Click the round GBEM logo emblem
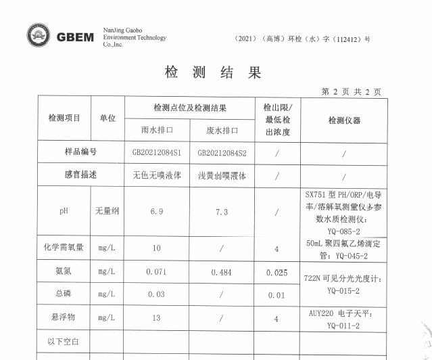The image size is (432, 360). click(x=38, y=37)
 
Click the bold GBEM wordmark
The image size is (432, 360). click(x=75, y=37)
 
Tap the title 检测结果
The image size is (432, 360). click(x=212, y=72)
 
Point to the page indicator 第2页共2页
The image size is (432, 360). click(x=351, y=92)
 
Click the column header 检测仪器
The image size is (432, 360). click(x=344, y=120)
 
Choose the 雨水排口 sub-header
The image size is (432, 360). click(x=157, y=129)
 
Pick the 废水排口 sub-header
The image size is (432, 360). click(x=222, y=129)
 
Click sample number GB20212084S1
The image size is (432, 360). click(x=157, y=153)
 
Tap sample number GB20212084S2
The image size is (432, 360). click(x=222, y=153)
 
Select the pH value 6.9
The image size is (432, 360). click(x=157, y=212)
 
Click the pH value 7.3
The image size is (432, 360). click(x=222, y=212)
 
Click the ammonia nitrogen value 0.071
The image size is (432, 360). click(x=157, y=271)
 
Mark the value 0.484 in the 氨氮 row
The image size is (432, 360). click(x=222, y=271)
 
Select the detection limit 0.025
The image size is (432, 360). click(x=277, y=273)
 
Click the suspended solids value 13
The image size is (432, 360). click(x=157, y=317)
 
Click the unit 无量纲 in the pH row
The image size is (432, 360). click(x=107, y=212)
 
